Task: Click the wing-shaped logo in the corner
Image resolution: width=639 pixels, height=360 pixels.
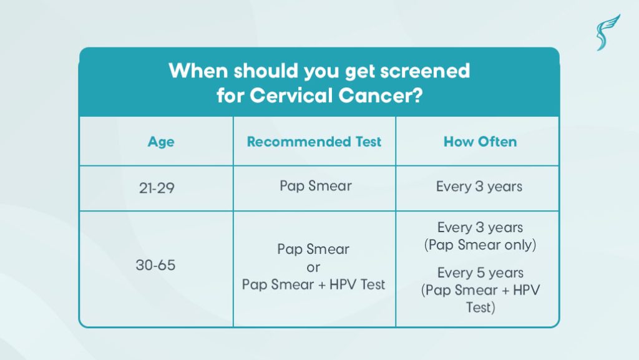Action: [608, 32]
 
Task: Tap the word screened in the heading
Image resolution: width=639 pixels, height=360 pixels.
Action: [425, 71]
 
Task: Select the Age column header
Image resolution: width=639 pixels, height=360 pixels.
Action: [161, 142]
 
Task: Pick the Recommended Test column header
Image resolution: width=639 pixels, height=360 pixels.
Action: [315, 142]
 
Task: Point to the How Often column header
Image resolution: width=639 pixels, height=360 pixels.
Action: [480, 142]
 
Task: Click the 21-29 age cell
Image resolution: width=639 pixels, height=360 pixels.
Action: [157, 188]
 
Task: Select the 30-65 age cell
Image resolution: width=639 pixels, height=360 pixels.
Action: [155, 265]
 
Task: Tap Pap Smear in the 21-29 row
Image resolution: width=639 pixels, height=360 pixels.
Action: [315, 186]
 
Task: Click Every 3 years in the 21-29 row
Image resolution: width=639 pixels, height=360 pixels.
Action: [479, 187]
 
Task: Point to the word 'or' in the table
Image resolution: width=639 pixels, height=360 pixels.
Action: [313, 268]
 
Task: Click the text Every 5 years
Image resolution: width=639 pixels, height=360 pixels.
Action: [480, 273]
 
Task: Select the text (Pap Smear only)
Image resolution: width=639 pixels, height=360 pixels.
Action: [480, 245]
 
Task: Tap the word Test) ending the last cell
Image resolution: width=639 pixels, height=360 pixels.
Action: [480, 307]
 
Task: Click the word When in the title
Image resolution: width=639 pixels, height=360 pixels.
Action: [198, 71]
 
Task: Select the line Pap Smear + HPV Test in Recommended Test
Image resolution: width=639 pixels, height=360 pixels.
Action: [313, 285]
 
